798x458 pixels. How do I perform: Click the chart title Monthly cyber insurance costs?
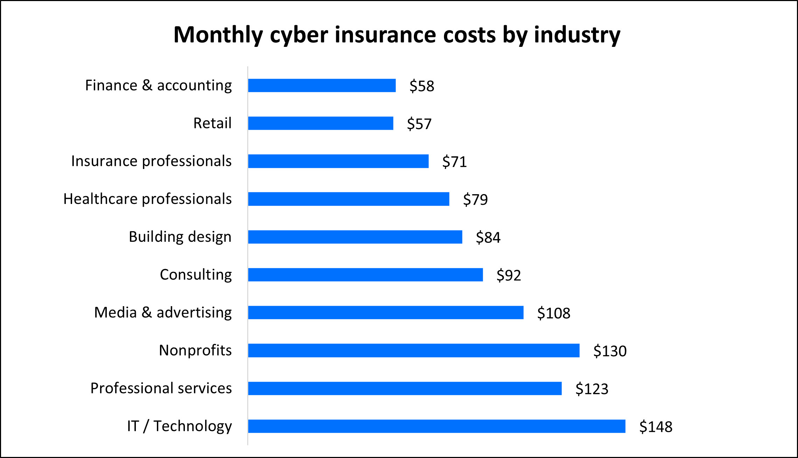click(396, 35)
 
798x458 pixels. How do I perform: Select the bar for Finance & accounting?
click(322, 85)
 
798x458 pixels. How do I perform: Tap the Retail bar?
click(320, 123)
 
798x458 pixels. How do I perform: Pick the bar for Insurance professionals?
click(338, 161)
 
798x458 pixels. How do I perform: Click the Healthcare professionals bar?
click(348, 199)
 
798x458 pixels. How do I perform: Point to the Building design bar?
click(355, 237)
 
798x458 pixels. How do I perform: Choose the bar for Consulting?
click(365, 275)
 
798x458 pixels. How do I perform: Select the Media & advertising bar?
click(386, 312)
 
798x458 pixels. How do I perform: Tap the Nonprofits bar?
click(414, 350)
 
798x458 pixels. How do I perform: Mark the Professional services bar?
click(405, 388)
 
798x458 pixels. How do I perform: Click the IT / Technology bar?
click(437, 426)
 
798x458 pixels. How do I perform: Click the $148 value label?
click(656, 427)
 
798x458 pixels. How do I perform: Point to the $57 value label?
click(419, 124)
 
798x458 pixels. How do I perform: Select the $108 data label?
click(554, 313)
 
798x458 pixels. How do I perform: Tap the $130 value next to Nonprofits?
click(610, 351)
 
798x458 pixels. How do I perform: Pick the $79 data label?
click(475, 199)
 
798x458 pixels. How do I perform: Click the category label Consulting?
click(196, 275)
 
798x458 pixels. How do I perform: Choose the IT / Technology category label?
click(179, 426)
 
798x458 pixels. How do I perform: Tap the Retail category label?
click(212, 123)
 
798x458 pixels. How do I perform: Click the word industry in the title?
click(577, 35)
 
